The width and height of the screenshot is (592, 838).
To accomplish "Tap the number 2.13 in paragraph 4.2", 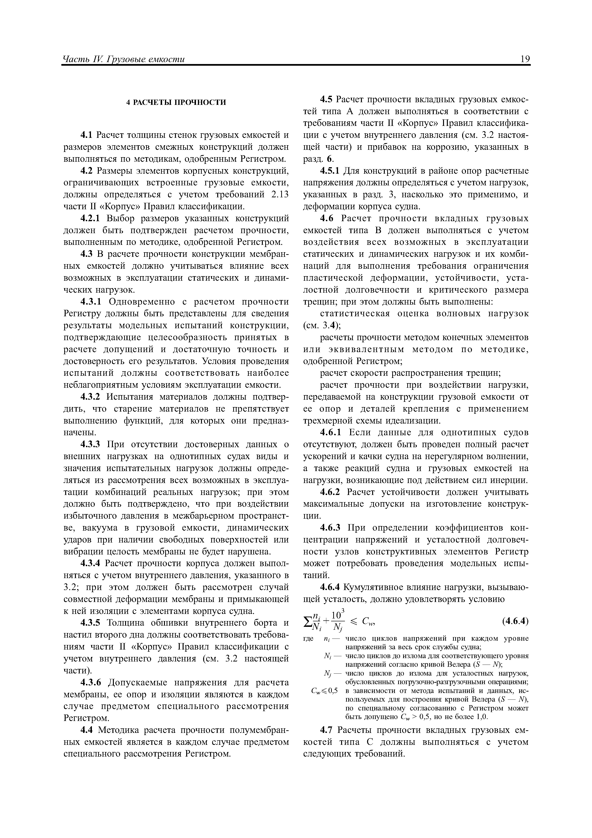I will click(280, 195).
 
